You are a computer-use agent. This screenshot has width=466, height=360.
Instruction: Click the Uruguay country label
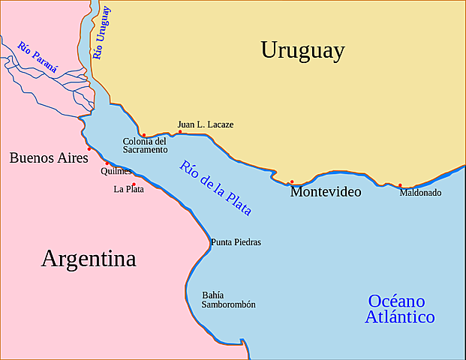302,50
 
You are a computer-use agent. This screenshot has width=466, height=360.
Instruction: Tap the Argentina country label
89,259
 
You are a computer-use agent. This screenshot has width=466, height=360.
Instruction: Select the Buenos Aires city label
49,157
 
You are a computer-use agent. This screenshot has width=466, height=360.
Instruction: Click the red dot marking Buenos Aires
89,148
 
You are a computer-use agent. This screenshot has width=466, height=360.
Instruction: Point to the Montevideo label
326,192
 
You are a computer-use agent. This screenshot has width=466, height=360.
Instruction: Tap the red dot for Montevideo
292,181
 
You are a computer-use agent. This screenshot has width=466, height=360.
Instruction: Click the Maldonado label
420,193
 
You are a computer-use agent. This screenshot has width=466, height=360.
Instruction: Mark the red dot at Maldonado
400,185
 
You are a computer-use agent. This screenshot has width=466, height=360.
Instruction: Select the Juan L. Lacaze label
205,124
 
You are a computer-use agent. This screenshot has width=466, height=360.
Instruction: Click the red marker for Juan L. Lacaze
180,132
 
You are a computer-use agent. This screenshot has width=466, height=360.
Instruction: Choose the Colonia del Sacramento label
145,145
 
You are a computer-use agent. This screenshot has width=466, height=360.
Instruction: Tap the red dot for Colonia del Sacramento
143,136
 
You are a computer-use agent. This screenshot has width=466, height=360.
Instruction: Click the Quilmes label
116,171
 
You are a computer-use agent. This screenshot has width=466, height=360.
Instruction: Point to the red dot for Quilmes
107,163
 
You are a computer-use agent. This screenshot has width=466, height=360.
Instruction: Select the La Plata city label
128,190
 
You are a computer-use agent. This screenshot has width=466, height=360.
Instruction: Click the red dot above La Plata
134,184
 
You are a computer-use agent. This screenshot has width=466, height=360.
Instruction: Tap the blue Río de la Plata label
216,188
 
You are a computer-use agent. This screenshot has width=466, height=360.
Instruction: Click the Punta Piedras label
236,242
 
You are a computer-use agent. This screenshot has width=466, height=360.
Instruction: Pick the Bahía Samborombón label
228,300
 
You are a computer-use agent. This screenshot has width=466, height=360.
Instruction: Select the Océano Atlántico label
399,309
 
